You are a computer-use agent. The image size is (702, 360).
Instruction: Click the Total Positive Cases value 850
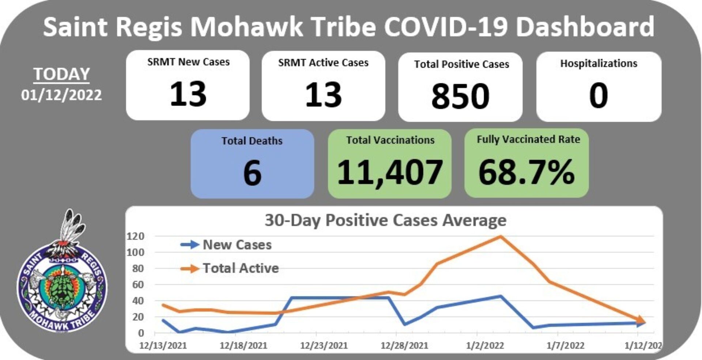tap(460, 96)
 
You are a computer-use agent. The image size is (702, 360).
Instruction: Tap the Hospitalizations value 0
tap(599, 95)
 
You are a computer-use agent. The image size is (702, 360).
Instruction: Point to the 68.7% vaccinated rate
tap(526, 172)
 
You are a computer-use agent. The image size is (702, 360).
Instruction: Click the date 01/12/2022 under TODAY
tap(61, 95)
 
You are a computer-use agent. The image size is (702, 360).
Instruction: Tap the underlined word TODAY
tap(61, 74)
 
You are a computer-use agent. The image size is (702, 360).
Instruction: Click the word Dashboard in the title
tap(585, 26)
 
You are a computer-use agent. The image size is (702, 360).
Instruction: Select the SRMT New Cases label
tap(188, 62)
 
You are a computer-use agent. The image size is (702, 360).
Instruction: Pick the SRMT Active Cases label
tap(323, 63)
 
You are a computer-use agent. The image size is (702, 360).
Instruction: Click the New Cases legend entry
tap(237, 245)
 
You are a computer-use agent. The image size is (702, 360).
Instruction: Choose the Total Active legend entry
tap(241, 268)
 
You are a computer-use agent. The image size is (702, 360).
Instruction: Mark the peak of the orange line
tap(501, 236)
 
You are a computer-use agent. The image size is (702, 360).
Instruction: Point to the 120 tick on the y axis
tap(135, 236)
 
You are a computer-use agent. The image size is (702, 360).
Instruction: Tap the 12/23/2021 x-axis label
tap(324, 345)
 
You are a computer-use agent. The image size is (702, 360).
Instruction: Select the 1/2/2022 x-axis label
tap(485, 345)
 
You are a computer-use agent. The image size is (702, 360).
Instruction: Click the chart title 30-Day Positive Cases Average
tap(386, 220)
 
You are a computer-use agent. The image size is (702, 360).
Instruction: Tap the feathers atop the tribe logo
tap(73, 227)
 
